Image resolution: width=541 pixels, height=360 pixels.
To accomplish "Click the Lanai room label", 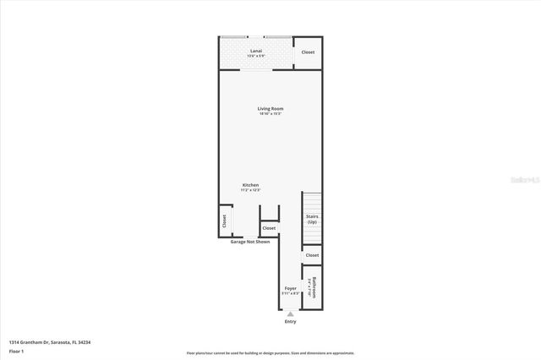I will [x=256, y=51].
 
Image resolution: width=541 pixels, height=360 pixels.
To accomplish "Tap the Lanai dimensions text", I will [x=256, y=57].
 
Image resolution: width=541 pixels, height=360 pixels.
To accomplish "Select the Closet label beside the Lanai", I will [x=309, y=52].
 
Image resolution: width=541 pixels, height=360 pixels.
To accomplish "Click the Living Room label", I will [x=270, y=108].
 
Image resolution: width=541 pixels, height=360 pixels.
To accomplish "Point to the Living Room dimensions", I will [x=270, y=114].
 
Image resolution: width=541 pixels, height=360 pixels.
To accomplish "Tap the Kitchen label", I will [x=250, y=185].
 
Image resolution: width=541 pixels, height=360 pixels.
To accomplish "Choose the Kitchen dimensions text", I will [x=250, y=191].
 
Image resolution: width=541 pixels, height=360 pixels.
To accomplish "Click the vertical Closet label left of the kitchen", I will [x=224, y=221].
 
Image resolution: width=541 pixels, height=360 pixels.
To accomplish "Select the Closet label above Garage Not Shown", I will [x=269, y=228].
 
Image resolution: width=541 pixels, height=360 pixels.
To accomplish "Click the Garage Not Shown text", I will [x=250, y=242].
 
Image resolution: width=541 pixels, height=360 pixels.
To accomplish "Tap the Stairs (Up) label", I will [x=312, y=219].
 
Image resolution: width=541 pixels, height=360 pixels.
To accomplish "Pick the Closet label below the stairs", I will [x=312, y=255].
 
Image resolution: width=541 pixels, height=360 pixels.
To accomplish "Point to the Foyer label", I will [x=291, y=288].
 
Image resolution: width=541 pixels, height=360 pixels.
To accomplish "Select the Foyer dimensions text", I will [x=291, y=294].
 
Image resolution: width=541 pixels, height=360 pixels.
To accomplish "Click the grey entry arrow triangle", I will [x=291, y=313].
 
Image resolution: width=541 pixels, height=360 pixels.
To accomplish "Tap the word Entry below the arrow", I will [x=291, y=321].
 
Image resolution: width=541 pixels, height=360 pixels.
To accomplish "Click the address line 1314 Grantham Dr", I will [x=50, y=342].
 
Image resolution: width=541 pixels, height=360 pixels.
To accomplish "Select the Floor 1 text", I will [x=16, y=350].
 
